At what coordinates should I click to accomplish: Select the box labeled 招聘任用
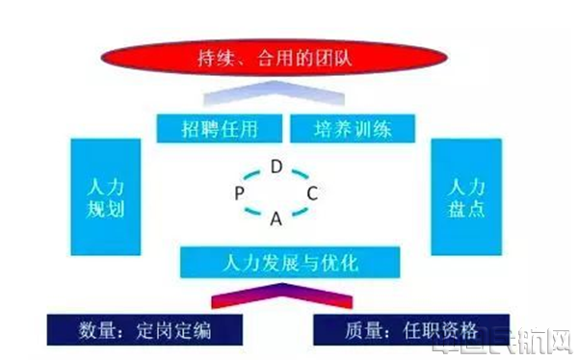[x=220, y=127]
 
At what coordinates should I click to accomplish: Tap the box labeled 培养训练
[x=352, y=127]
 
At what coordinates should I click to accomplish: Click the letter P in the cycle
[x=238, y=193]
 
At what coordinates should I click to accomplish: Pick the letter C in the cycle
[x=311, y=193]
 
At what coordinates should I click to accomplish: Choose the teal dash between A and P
[x=252, y=211]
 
